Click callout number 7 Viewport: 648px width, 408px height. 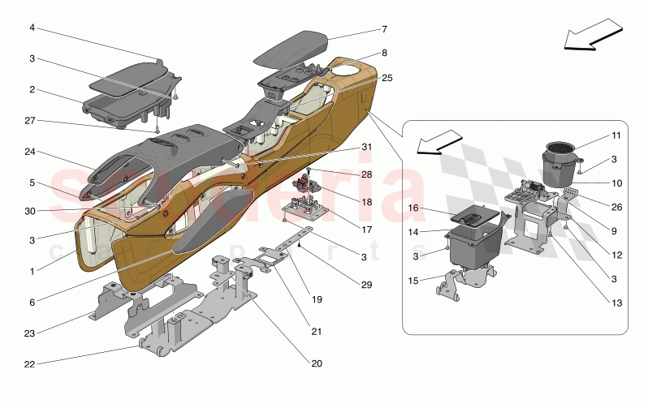384,29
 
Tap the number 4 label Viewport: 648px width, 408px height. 32,28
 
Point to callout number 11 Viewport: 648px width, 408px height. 616,135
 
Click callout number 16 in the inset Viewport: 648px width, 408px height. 413,208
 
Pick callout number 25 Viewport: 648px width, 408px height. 387,79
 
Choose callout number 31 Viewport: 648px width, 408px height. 366,147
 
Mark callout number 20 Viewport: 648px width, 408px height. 316,363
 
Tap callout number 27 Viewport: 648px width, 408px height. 31,120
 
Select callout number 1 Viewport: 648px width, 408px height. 32,272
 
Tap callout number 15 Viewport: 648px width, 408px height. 413,281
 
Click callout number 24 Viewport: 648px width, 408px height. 31,152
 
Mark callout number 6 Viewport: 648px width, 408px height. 32,302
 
